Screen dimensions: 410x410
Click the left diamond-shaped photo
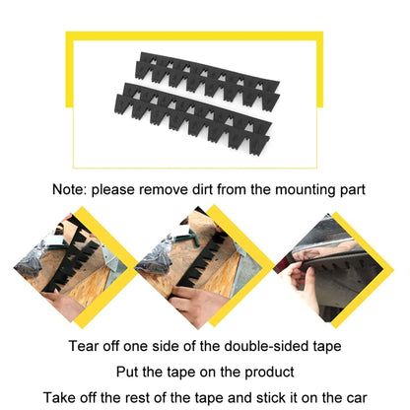(x=69, y=266)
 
